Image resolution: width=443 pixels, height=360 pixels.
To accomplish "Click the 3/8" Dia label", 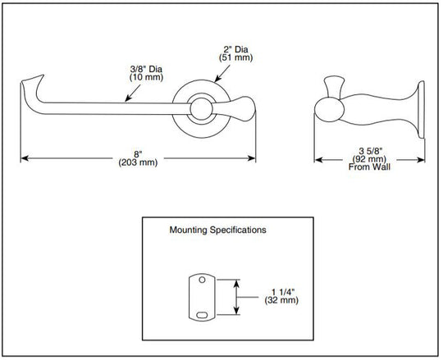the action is coord(146,69).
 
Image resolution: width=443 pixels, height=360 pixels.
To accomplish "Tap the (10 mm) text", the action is coord(146,77).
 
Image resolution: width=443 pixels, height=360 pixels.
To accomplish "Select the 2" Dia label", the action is coord(236,49).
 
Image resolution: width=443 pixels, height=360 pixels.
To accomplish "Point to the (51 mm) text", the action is coord(236,57).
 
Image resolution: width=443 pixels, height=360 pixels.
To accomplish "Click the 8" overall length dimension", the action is coord(138,154).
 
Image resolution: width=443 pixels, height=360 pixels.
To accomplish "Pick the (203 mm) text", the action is coord(138,162).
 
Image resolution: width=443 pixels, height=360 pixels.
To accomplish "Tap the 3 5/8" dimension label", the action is coord(370,152).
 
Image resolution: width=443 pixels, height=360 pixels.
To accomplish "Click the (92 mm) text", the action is coord(369,159).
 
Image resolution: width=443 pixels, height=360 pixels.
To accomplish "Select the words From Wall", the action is coord(369,166).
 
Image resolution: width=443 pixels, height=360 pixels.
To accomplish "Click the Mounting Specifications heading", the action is coord(217,230).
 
